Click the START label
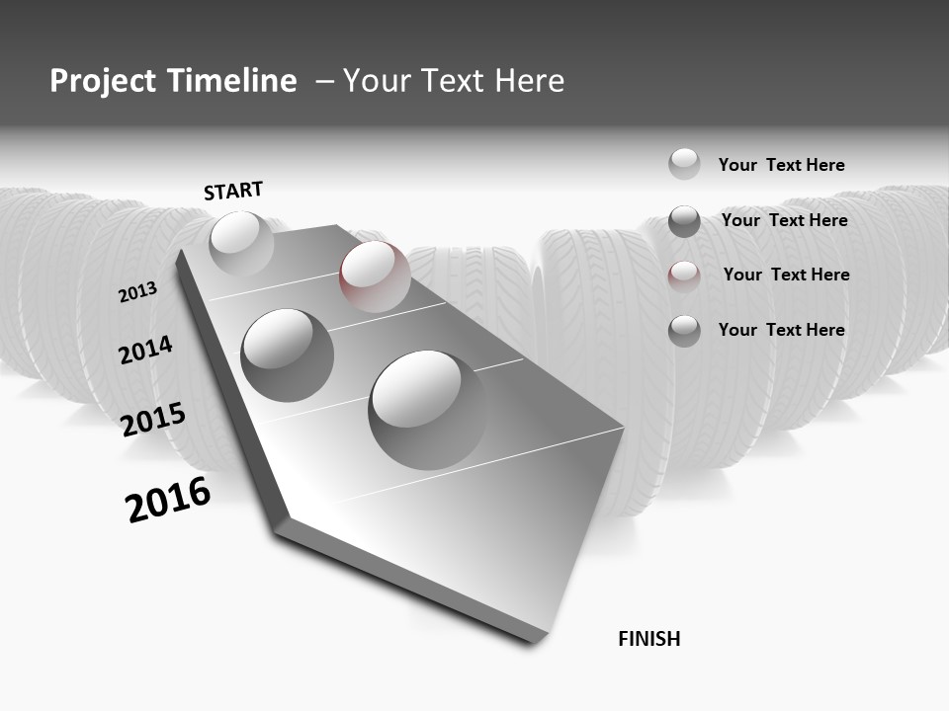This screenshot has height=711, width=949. (x=233, y=191)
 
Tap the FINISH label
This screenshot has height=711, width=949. (x=648, y=639)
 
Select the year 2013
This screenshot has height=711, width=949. (x=137, y=292)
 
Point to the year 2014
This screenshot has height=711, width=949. (x=145, y=351)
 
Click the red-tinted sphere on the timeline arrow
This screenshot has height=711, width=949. (x=375, y=276)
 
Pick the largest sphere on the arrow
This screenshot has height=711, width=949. (x=427, y=409)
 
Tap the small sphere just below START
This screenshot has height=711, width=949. (x=241, y=243)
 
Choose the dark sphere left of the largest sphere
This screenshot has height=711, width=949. (x=288, y=355)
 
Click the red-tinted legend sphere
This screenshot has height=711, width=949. (x=684, y=276)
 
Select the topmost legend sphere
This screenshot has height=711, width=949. (x=684, y=164)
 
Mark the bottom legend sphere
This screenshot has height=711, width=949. (x=684, y=331)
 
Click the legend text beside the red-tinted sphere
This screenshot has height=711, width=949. (x=786, y=275)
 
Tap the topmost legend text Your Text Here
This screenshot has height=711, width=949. (x=781, y=165)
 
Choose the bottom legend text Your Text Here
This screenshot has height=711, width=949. (x=781, y=330)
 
